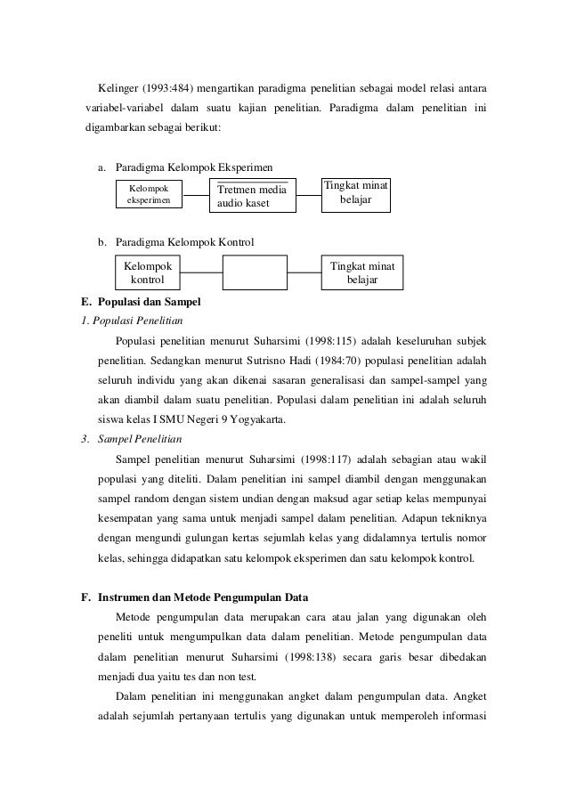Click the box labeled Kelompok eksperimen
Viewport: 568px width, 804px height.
point(150,195)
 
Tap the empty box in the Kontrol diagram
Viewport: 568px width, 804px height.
point(255,272)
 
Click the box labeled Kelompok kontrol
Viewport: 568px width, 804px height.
point(150,272)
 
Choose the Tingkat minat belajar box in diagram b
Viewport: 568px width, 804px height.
point(362,272)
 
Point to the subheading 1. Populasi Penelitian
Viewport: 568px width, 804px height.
point(132,321)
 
